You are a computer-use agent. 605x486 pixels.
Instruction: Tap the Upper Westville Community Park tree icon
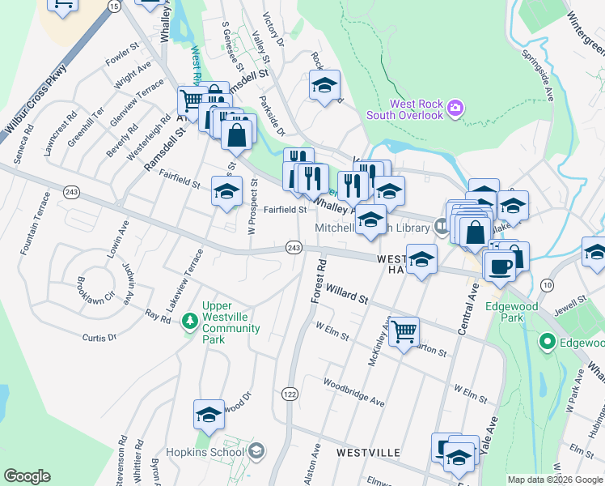pyautogui.click(x=190, y=322)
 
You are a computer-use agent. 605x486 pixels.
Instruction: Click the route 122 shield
pyautogui.click(x=289, y=394)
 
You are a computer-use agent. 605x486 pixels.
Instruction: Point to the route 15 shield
pyautogui.click(x=114, y=6)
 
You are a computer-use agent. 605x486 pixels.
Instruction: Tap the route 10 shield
pyautogui.click(x=548, y=284)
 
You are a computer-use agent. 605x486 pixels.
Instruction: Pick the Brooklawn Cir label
pyautogui.click(x=91, y=290)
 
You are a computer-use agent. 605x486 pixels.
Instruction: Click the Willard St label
pyautogui.click(x=348, y=294)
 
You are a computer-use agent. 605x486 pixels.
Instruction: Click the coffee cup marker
pyautogui.click(x=499, y=265)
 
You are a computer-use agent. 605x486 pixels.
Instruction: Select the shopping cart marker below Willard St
pyautogui.click(x=403, y=331)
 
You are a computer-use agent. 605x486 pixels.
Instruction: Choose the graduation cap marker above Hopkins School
pyautogui.click(x=209, y=415)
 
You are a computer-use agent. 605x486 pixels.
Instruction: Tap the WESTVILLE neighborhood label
pyautogui.click(x=368, y=451)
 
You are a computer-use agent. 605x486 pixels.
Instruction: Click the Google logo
pyautogui.click(x=27, y=476)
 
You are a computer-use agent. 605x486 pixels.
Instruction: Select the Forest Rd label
pyautogui.click(x=317, y=282)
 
